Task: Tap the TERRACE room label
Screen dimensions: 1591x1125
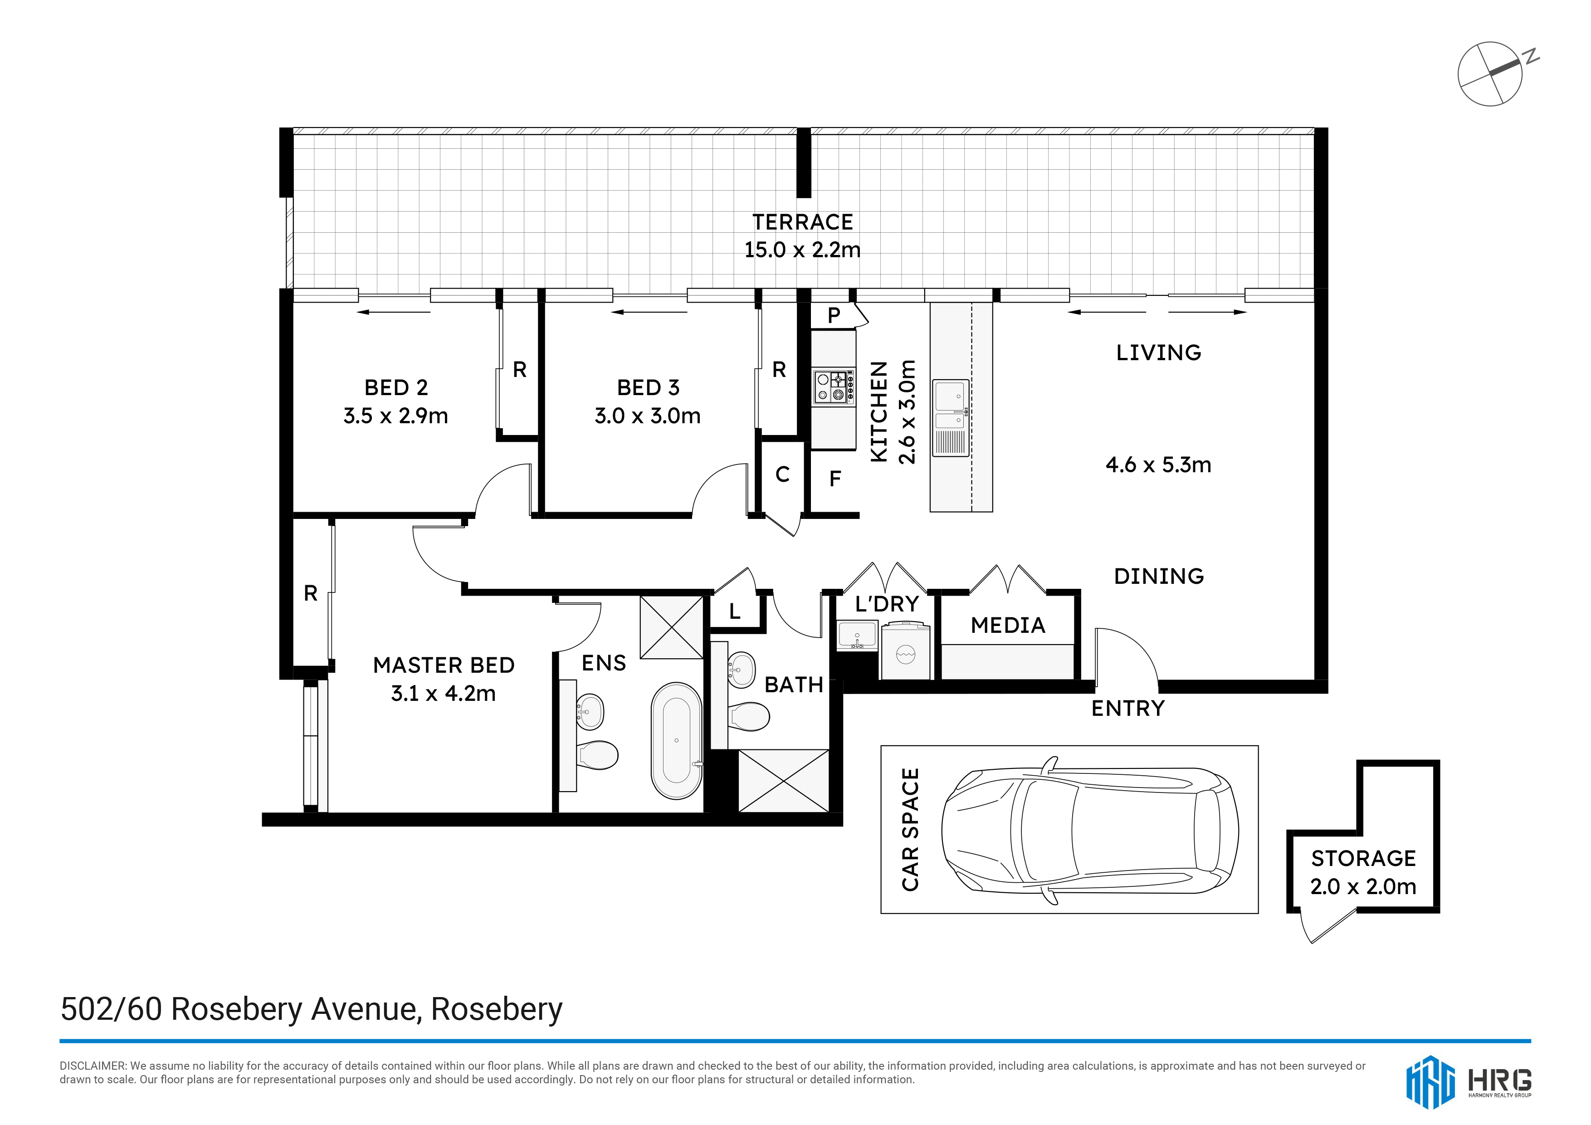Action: point(802,222)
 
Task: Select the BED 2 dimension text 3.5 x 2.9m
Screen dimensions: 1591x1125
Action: point(395,416)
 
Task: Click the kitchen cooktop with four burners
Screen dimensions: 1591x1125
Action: point(834,387)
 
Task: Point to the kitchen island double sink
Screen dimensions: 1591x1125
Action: point(951,417)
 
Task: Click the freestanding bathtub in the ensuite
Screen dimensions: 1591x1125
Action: point(676,741)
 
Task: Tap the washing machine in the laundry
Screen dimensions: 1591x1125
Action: point(906,650)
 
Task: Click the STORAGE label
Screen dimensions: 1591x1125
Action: point(1363,858)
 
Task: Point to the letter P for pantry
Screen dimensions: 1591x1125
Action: point(835,315)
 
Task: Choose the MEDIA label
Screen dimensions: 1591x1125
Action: point(1008,625)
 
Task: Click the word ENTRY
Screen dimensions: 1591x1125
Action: point(1128,709)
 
